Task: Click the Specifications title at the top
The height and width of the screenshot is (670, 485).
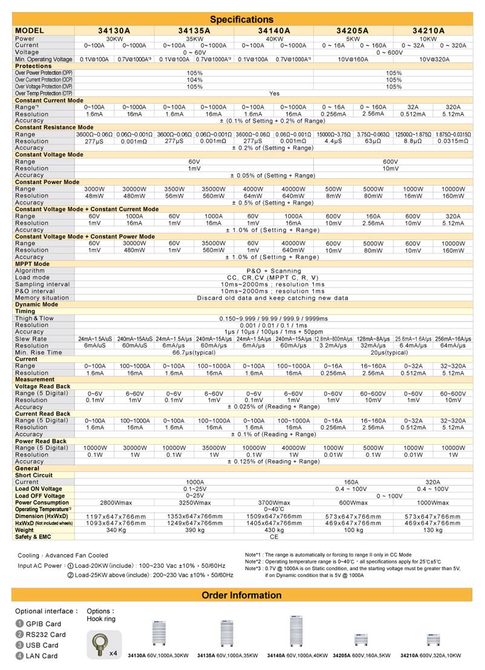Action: click(x=241, y=19)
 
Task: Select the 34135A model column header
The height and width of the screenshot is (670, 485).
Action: click(x=194, y=30)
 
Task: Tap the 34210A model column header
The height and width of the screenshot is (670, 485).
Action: click(x=429, y=30)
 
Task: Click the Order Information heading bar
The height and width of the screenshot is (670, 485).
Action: click(x=241, y=595)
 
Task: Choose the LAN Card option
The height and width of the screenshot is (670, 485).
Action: click(x=41, y=656)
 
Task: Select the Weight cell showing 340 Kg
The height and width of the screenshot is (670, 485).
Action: click(x=115, y=530)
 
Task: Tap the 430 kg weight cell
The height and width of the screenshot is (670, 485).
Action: click(x=274, y=530)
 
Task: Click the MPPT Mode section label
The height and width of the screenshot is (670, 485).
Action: click(x=33, y=264)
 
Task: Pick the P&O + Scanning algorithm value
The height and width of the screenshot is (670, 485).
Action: click(x=273, y=271)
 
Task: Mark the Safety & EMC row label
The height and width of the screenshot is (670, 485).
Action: click(x=34, y=536)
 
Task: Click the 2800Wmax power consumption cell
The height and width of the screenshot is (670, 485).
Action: click(x=115, y=503)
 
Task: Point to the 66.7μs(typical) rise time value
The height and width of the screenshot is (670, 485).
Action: click(x=194, y=352)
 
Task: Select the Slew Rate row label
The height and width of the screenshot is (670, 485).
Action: click(x=31, y=339)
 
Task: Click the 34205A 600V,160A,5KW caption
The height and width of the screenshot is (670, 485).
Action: click(x=362, y=655)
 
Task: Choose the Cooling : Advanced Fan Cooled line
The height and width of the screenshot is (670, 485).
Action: click(x=63, y=555)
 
